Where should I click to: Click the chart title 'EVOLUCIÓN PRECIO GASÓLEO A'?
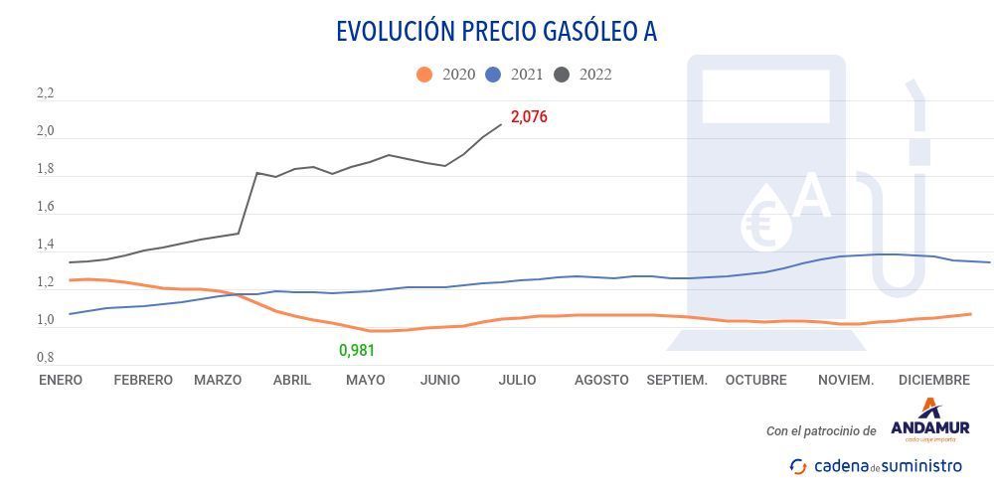tap(496, 31)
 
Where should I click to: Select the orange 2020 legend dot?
tap(424, 74)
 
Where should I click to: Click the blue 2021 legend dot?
tap(493, 74)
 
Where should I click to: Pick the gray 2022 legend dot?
tap(562, 74)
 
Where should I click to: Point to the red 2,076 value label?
tap(529, 117)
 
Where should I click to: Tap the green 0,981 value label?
tap(357, 350)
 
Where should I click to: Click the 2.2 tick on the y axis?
tap(45, 94)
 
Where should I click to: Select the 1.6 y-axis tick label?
tap(45, 208)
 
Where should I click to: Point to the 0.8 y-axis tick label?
tap(45, 357)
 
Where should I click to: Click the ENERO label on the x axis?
tap(61, 380)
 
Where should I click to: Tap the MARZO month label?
tap(218, 380)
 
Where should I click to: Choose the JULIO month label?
tap(517, 380)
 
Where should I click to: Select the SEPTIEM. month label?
tap(677, 380)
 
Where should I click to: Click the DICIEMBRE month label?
tap(933, 380)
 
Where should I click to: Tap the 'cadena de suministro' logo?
tap(876, 465)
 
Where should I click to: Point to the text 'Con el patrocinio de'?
tap(821, 431)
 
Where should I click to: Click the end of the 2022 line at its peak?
tap(501, 124)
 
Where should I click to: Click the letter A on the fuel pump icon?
tap(812, 198)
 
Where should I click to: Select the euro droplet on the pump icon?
tap(766, 221)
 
